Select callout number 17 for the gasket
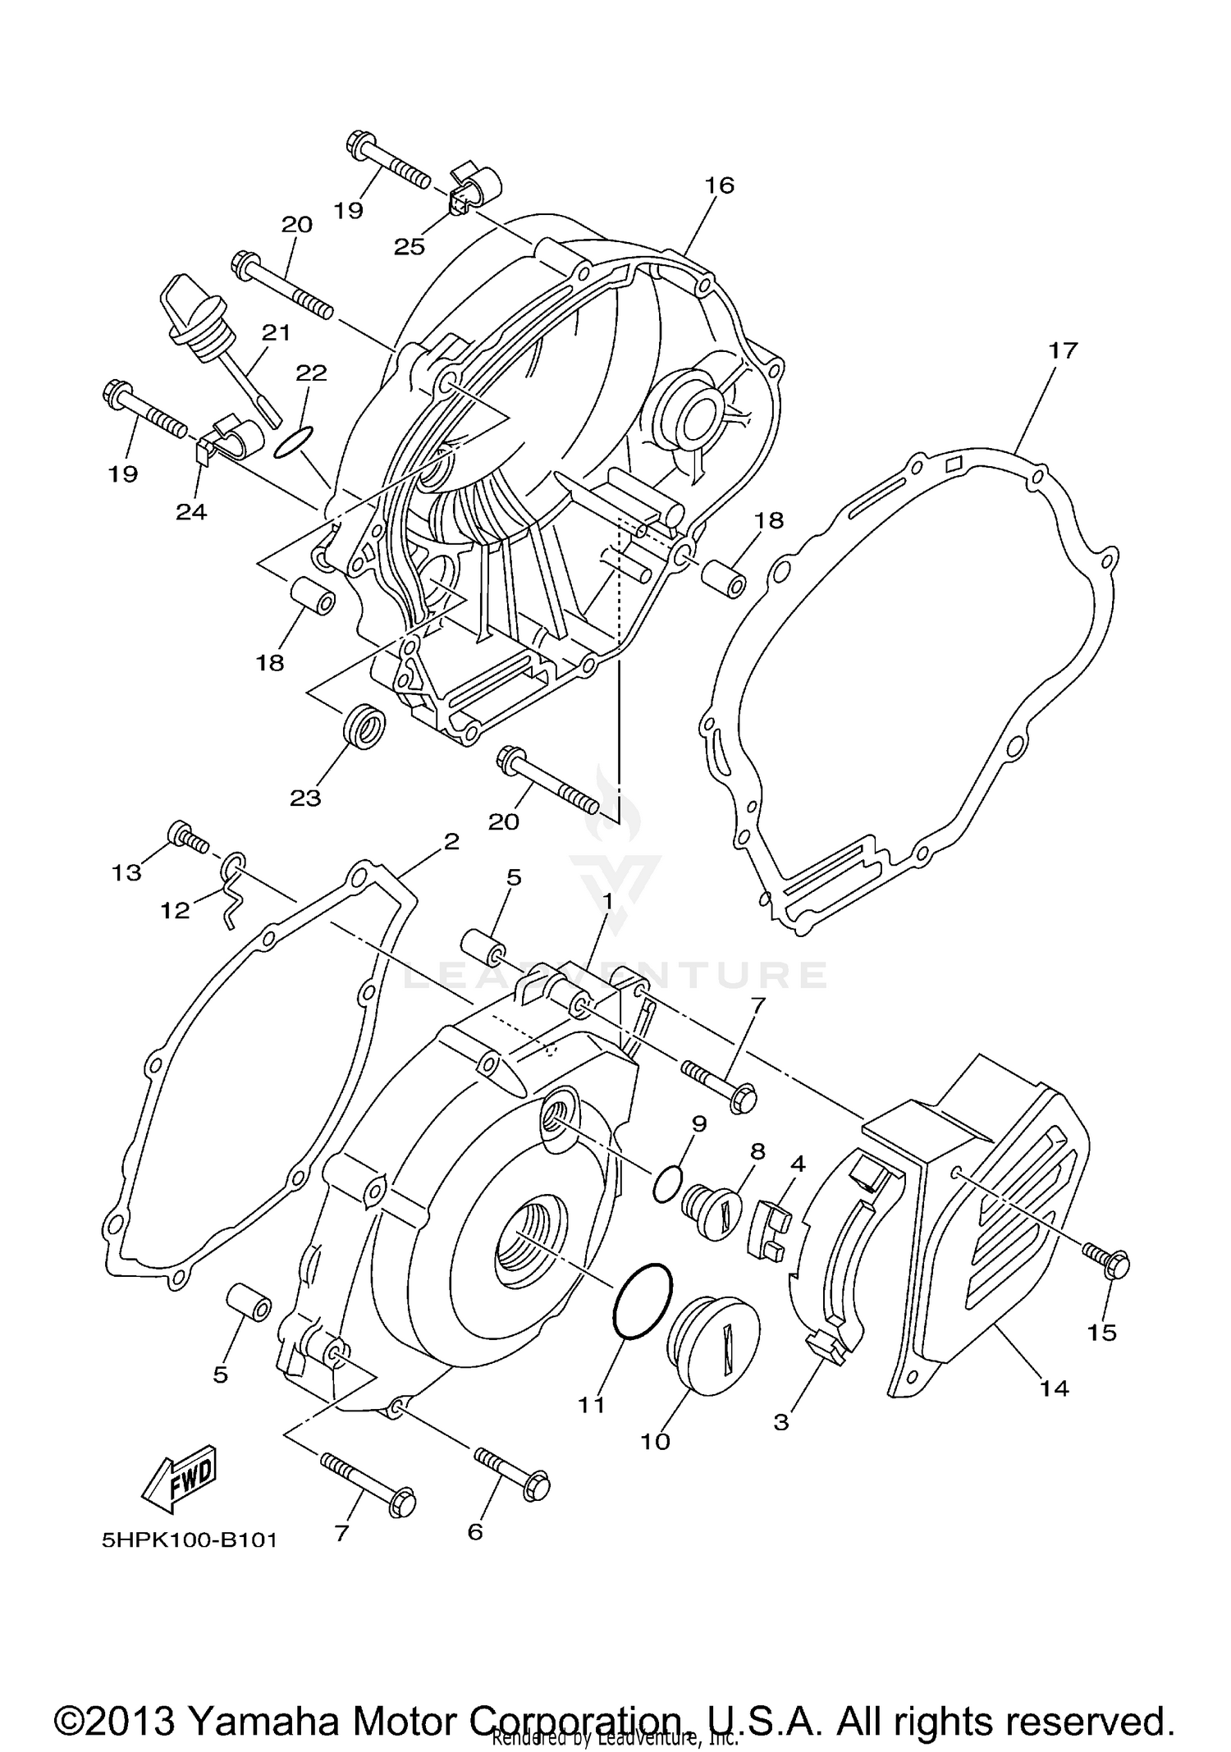1062,350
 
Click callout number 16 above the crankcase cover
719,185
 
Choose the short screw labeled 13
188,839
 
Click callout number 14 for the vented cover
1055,1388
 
